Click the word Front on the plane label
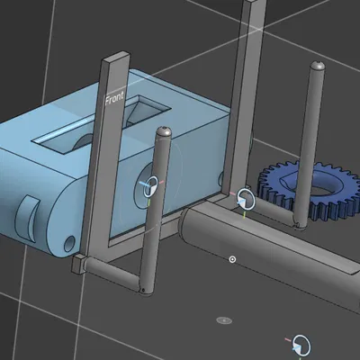pyautogui.click(x=114, y=99)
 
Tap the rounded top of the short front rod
pyautogui.click(x=162, y=133)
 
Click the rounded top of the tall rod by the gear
pyautogui.click(x=316, y=67)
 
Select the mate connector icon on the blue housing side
pyautogui.click(x=150, y=186)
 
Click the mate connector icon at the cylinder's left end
pyautogui.click(x=245, y=200)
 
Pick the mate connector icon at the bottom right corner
pyautogui.click(x=301, y=345)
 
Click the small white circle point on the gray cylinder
pyautogui.click(x=232, y=259)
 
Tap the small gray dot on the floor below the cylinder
pyautogui.click(x=224, y=319)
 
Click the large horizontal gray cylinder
pyautogui.click(x=270, y=252)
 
